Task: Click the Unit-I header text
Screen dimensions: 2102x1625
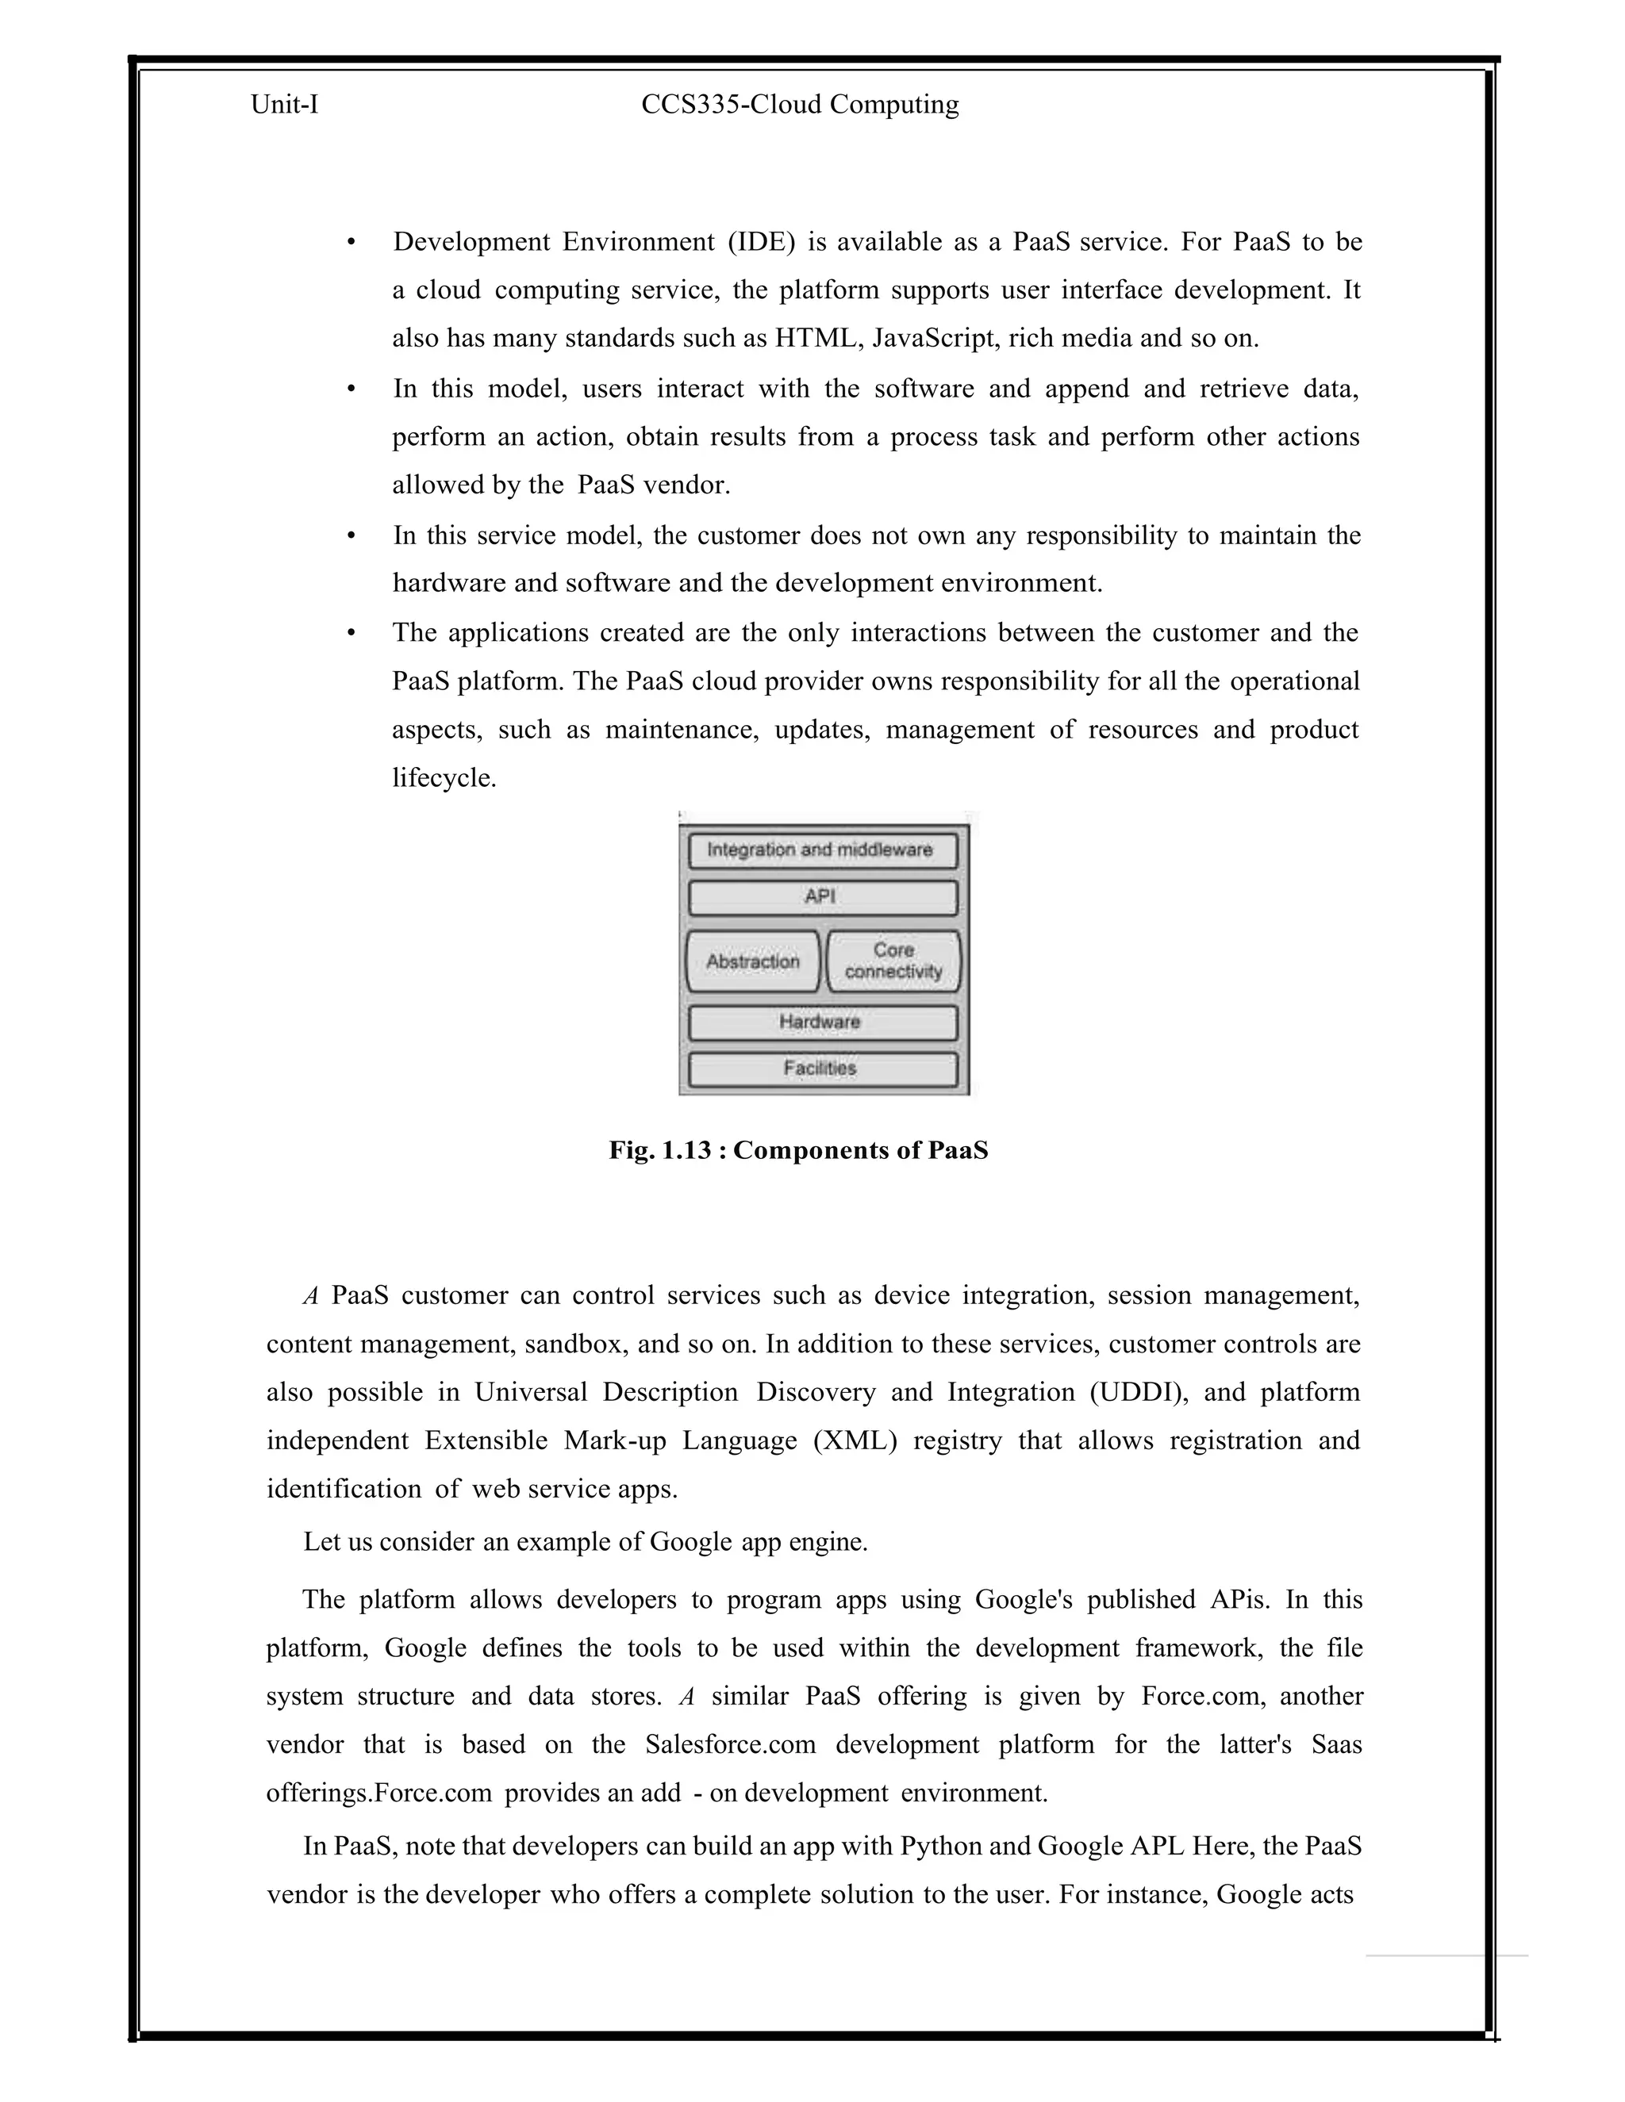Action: click(x=284, y=105)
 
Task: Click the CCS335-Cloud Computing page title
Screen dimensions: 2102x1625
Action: click(x=800, y=105)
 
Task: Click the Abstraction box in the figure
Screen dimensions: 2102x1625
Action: click(x=753, y=961)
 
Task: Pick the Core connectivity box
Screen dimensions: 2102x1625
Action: click(x=893, y=961)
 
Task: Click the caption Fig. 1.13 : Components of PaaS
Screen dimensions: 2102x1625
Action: click(x=798, y=1151)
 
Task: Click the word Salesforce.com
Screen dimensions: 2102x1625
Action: click(x=731, y=1745)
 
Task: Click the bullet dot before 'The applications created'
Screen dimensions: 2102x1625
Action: click(x=352, y=633)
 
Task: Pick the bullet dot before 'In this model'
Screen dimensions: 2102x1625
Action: click(x=352, y=389)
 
